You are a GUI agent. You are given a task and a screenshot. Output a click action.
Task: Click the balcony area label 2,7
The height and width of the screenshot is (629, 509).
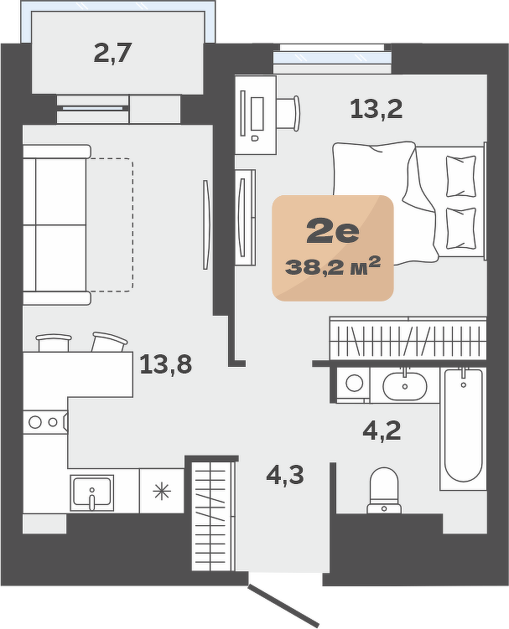point(113,54)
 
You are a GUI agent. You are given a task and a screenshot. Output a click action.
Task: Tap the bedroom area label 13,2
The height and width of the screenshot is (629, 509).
point(377,109)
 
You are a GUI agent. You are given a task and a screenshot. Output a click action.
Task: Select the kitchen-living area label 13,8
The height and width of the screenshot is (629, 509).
point(165,364)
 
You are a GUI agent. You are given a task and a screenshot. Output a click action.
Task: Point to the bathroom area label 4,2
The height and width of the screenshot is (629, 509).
point(382,431)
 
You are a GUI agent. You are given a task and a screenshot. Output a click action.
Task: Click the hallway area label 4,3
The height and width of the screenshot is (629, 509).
point(285,476)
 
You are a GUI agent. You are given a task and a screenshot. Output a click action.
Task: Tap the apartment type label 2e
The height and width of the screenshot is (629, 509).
point(333,232)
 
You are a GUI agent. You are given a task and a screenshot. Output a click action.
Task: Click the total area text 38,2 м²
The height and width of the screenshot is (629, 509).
point(333,266)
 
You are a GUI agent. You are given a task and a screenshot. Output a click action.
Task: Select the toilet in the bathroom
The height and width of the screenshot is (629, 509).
point(384,491)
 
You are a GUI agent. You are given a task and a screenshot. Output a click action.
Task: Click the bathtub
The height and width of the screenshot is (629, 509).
point(463,429)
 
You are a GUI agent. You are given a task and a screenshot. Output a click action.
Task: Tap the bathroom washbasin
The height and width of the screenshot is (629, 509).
point(404,386)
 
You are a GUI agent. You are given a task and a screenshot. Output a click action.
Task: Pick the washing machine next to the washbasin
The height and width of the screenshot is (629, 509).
point(354,384)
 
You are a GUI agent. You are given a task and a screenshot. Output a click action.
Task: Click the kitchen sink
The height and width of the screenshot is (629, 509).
point(92,493)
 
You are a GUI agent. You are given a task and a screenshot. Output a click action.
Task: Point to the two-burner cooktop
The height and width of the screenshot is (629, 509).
point(44,422)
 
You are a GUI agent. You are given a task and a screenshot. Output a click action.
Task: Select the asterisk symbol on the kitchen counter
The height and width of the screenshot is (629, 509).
point(162,492)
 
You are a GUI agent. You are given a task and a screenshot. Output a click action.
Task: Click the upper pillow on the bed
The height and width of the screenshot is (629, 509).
point(461,176)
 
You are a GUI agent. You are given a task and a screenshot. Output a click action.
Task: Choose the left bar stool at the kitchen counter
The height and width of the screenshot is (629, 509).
point(54,343)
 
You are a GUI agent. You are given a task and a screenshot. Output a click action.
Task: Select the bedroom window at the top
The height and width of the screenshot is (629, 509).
point(332,54)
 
